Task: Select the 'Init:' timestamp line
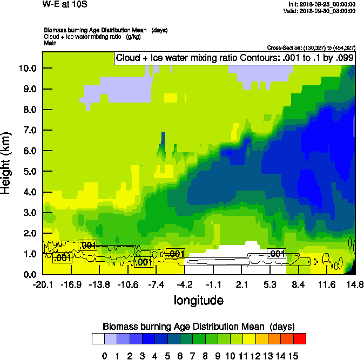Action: pyautogui.click(x=322, y=4)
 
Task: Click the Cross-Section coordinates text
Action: pyautogui.click(x=311, y=47)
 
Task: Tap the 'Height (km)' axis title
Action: pyautogui.click(x=6, y=162)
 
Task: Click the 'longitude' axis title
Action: pyautogui.click(x=198, y=300)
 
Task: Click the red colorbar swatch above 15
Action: pyautogui.click(x=300, y=339)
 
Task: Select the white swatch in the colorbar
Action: pyautogui.click(x=98, y=339)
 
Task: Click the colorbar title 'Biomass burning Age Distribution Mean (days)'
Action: pyautogui.click(x=198, y=327)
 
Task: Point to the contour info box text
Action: pyautogui.click(x=234, y=58)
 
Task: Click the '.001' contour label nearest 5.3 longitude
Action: pyautogui.click(x=276, y=254)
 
